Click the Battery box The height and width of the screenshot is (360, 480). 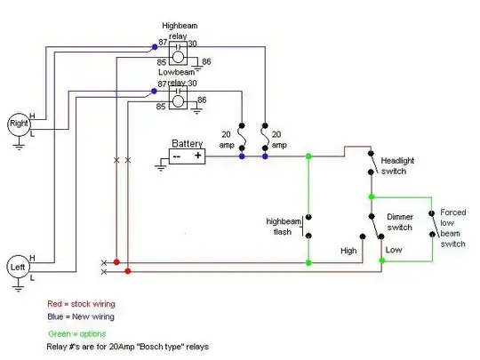[188, 155]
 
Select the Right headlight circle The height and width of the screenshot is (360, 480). [18, 124]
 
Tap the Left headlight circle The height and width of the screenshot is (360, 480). [18, 266]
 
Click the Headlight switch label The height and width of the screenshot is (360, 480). [399, 165]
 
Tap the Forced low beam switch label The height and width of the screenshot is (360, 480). [453, 228]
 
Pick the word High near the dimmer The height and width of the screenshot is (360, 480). [348, 251]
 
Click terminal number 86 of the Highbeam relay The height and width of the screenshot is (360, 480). [206, 60]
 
